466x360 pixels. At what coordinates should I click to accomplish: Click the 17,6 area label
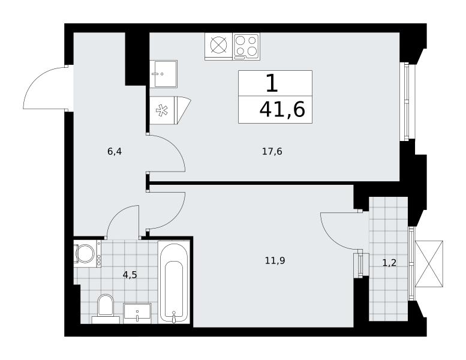272,152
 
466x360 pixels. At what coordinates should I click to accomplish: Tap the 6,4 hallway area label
115,152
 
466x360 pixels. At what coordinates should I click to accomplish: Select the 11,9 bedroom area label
275,261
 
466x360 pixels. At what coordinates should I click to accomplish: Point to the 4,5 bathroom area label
130,275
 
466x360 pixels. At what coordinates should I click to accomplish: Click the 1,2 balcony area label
389,263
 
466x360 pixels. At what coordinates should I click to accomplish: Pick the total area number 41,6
282,109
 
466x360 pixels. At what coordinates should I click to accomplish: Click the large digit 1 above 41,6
272,83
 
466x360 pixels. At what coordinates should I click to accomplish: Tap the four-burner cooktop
246,46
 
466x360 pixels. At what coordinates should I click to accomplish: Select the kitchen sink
164,74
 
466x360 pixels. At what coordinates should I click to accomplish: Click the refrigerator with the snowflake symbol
170,110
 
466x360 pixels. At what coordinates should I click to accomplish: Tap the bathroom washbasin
137,313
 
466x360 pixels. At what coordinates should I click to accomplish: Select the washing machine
88,254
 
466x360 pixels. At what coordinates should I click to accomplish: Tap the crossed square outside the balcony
429,263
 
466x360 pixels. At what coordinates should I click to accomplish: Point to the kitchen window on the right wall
404,101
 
